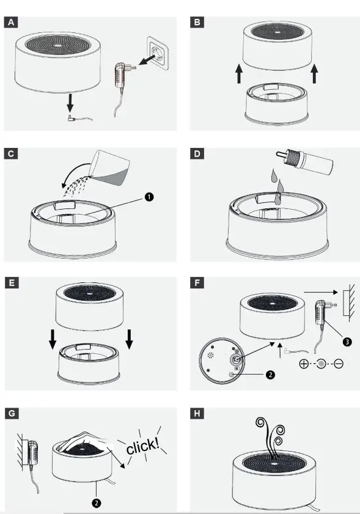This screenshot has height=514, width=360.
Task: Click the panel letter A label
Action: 11,22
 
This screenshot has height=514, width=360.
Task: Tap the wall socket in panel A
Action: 158,53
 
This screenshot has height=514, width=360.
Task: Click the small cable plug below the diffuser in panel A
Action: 71,119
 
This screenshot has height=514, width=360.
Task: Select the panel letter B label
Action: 197,22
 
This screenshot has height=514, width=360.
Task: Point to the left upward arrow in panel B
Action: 239,73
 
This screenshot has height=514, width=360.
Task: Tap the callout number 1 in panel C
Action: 149,197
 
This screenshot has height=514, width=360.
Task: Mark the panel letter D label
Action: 197,153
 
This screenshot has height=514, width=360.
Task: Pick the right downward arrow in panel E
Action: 129,339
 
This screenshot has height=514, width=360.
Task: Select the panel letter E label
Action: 12,282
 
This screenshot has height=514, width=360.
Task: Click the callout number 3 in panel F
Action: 347,342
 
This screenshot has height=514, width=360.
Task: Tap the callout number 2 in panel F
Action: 270,375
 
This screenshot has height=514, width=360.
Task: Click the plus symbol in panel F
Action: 304,364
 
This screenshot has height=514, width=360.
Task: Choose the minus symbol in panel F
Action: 339,364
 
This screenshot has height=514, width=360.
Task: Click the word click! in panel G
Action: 142,446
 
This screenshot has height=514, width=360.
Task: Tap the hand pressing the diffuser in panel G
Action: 84,441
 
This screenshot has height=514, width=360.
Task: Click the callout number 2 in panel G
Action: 97,503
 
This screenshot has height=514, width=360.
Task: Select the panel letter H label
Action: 197,413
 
